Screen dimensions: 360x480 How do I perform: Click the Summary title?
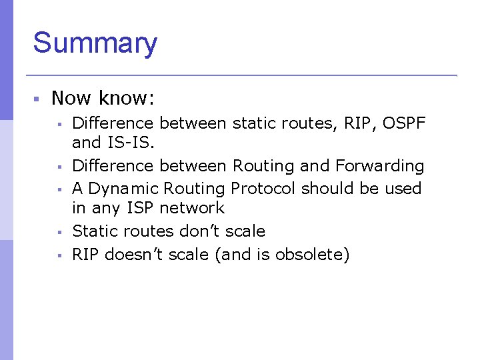pos(95,43)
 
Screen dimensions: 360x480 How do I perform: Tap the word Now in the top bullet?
pos(71,99)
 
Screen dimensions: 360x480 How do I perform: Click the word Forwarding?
pos(379,166)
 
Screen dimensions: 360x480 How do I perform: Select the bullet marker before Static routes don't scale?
pos(59,232)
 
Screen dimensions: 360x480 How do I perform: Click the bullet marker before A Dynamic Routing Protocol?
pos(59,189)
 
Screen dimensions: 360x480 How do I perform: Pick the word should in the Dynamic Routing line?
pos(326,189)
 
